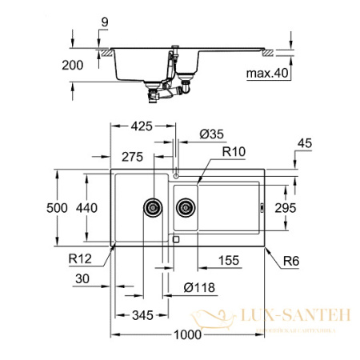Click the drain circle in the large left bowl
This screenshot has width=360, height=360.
[152, 207]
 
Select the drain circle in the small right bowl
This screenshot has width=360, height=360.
[186, 207]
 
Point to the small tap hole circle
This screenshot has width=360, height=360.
[176, 175]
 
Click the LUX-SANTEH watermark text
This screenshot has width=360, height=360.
[301, 318]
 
